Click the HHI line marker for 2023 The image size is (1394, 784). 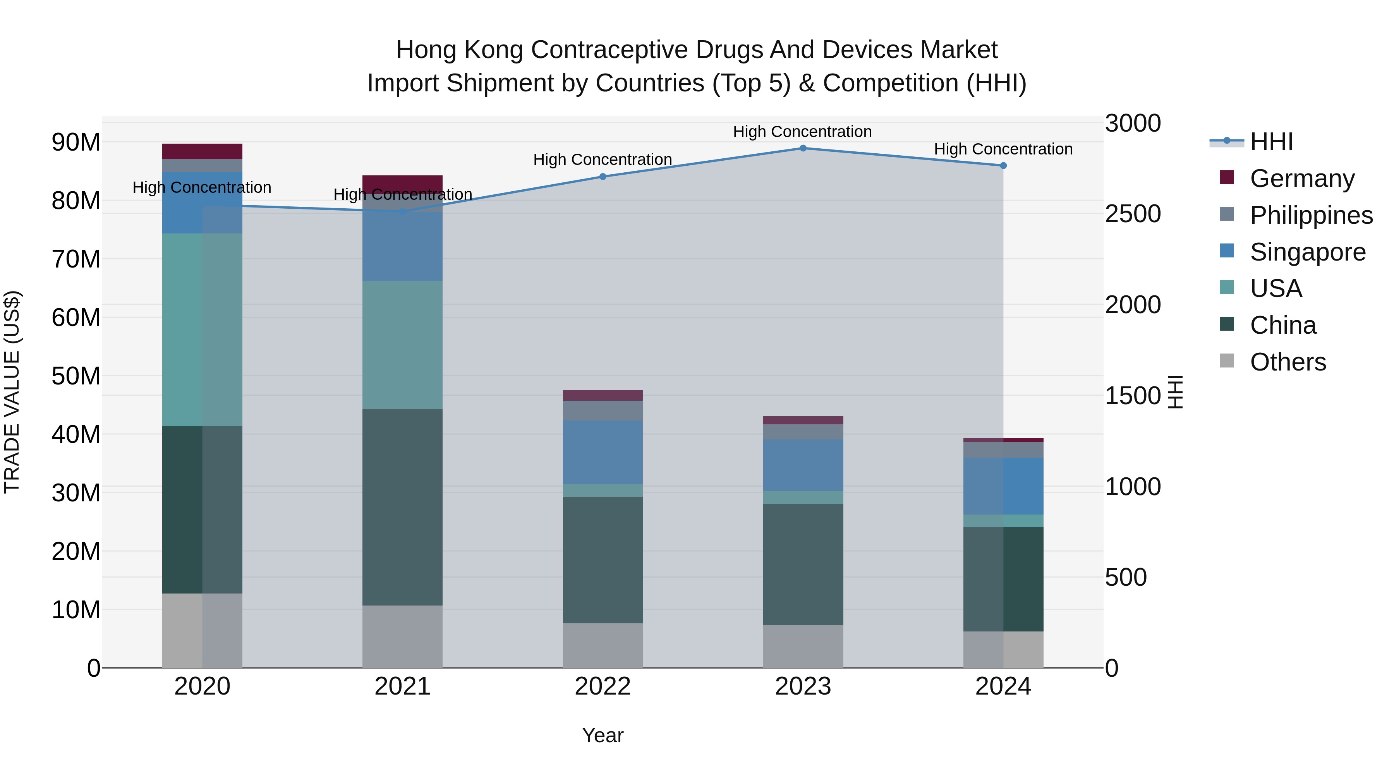803,148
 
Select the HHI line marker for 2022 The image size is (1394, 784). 603,177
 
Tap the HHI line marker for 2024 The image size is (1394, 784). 1003,166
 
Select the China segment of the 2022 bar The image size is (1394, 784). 603,560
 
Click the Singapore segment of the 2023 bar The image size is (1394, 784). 803,465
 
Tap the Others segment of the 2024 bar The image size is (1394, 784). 1003,649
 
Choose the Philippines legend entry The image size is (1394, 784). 1311,215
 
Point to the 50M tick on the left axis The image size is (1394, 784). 76,376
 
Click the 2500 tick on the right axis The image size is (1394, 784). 1132,214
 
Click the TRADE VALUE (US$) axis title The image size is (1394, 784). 12,392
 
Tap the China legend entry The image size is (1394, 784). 1282,325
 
